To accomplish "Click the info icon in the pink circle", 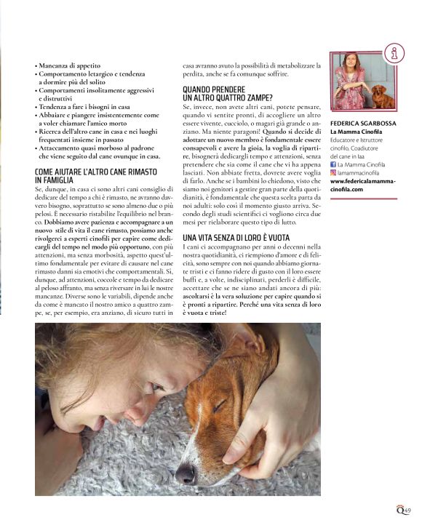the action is [x=394, y=52].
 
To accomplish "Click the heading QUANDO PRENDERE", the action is [x=217, y=89].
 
